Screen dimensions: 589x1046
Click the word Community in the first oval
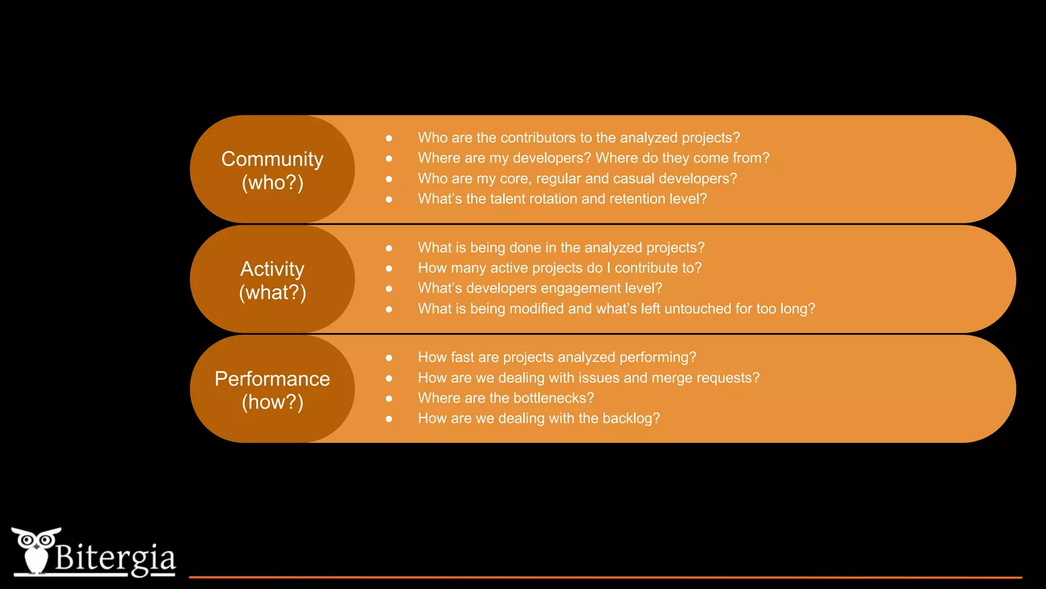tap(272, 159)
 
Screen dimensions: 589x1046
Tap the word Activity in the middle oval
tap(272, 269)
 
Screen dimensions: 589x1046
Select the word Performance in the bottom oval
tap(272, 379)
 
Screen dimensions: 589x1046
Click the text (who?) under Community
tap(272, 183)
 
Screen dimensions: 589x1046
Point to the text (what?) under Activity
tap(272, 293)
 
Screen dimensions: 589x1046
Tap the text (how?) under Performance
tap(272, 402)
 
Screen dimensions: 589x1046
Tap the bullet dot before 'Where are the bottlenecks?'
tap(389, 399)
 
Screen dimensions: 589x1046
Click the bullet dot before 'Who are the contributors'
tap(389, 139)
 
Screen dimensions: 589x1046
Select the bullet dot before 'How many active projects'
tap(389, 268)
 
